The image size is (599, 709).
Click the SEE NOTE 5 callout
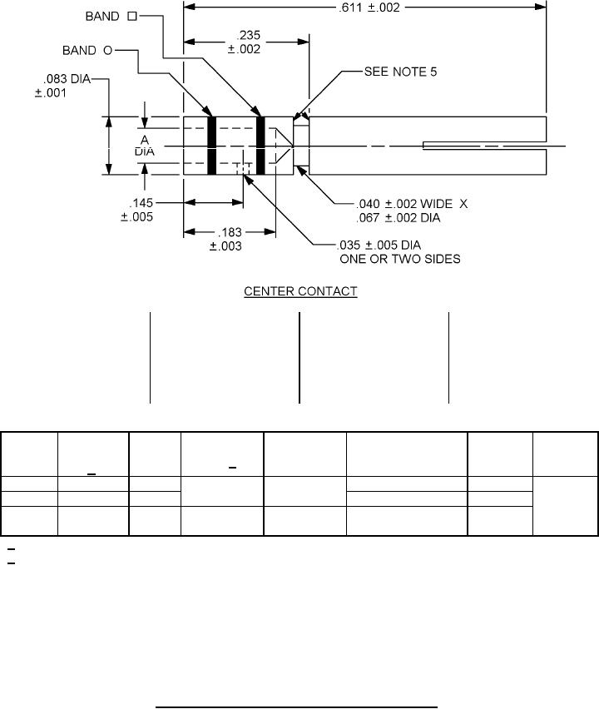[401, 72]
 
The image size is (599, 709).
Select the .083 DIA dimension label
[62, 86]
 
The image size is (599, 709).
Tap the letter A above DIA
[145, 139]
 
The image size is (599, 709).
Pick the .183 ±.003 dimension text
[225, 239]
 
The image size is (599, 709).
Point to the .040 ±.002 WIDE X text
[401, 202]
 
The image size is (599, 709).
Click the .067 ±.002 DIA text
[389, 217]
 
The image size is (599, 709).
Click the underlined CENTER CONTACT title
[300, 292]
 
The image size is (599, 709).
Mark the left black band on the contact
[212, 146]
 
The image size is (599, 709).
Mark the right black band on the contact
[260, 146]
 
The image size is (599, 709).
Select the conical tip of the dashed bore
[284, 146]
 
